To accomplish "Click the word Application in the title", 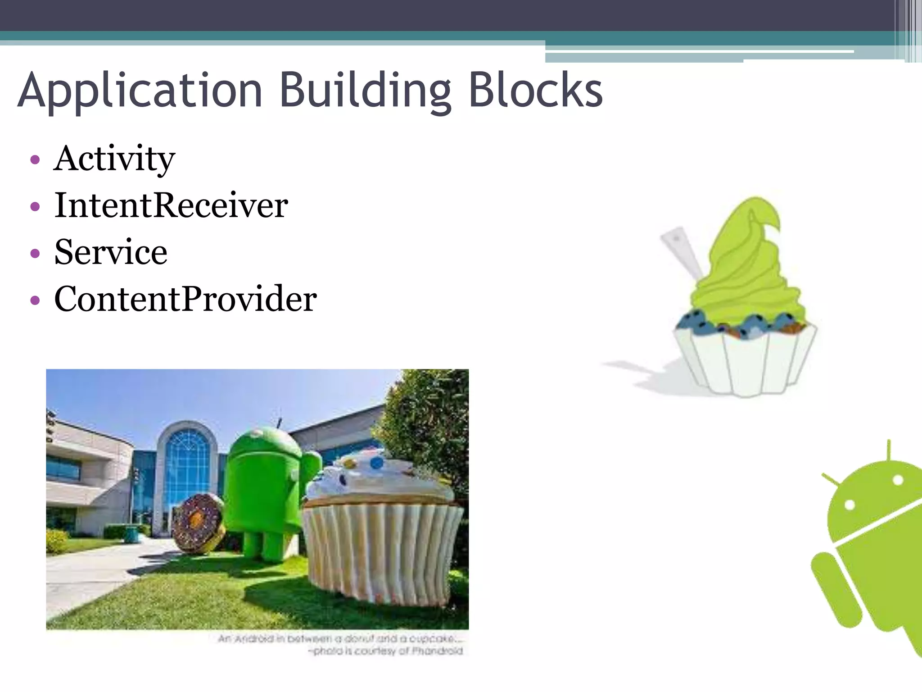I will (x=140, y=91).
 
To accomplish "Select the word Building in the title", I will (x=365, y=91).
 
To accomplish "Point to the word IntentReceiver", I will (x=171, y=205).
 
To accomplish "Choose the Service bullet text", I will (x=111, y=252).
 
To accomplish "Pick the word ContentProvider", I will (x=185, y=299).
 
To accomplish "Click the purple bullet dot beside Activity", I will (x=35, y=160).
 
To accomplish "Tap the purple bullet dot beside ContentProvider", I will (x=35, y=300).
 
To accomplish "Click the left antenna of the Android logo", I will (x=831, y=479).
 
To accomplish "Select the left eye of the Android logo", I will (x=850, y=505).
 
